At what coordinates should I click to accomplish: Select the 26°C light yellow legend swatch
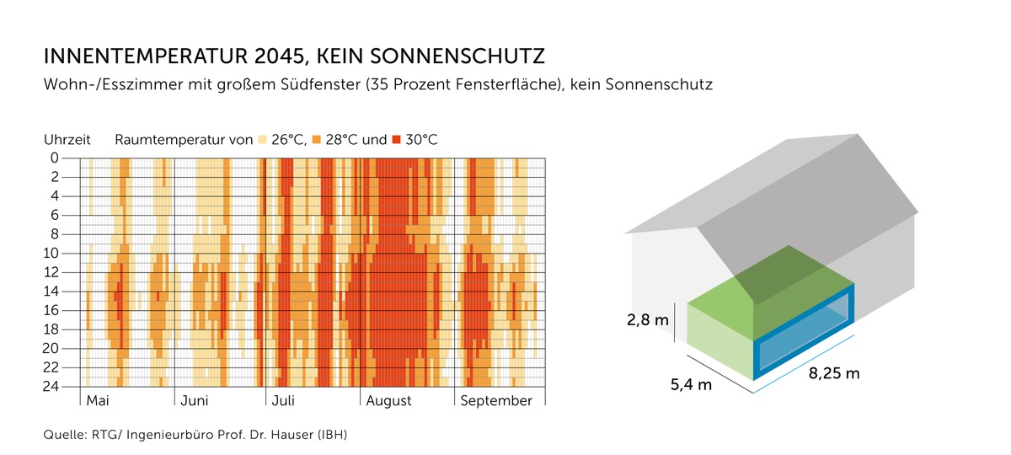click(x=263, y=139)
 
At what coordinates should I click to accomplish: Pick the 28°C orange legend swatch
click(x=318, y=139)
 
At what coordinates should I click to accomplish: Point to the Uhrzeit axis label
click(x=67, y=139)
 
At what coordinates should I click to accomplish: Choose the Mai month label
click(x=98, y=401)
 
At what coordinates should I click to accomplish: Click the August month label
click(x=388, y=401)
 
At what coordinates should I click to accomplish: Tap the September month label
click(x=496, y=401)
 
